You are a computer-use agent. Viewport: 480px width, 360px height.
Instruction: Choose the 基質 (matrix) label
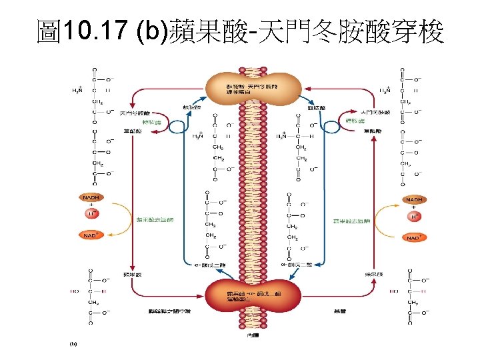pyautogui.click(x=338, y=311)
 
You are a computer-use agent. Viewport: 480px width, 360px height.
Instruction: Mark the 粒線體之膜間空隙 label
pyautogui.click(x=169, y=311)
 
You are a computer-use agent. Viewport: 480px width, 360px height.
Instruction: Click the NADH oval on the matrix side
pyautogui.click(x=415, y=199)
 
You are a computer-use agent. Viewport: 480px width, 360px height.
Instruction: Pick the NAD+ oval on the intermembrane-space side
pyautogui.click(x=91, y=235)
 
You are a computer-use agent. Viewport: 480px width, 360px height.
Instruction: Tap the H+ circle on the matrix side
pyautogui.click(x=415, y=217)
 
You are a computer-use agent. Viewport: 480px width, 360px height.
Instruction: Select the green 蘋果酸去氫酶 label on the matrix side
pyautogui.click(x=351, y=220)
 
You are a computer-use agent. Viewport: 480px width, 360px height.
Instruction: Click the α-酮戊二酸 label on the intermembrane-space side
pyautogui.click(x=205, y=266)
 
